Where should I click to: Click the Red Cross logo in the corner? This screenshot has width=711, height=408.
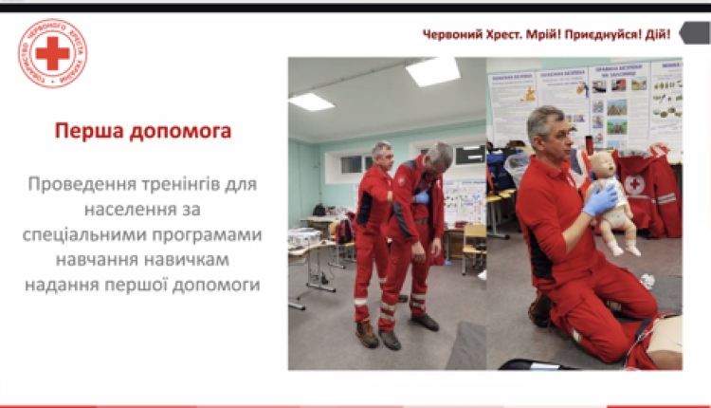click(52, 53)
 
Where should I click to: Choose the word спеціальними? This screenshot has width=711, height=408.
click(95, 232)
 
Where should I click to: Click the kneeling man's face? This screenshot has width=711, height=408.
click(556, 139)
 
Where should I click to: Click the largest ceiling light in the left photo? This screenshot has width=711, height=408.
click(433, 71)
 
